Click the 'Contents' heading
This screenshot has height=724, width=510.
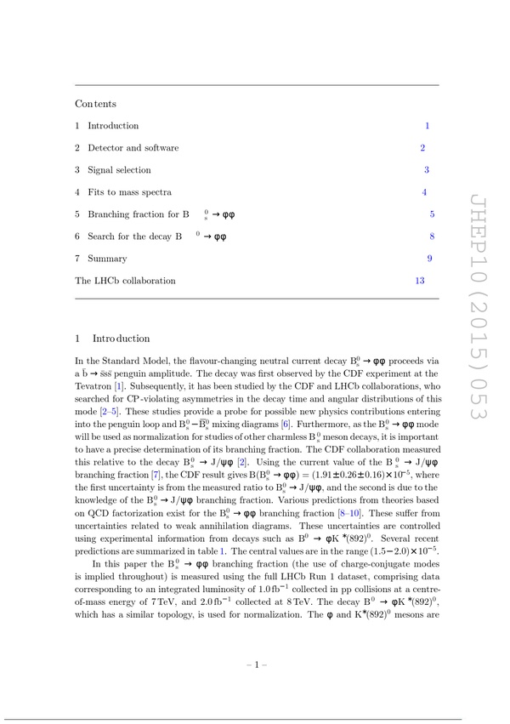coord(95,104)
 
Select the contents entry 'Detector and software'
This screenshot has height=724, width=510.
coord(133,148)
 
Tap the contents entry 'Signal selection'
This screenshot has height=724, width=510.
coord(119,170)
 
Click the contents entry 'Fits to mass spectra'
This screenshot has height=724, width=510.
coord(129,192)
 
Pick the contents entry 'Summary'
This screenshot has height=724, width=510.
coord(107,259)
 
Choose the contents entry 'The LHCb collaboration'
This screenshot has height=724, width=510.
coord(125,281)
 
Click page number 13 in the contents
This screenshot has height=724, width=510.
coord(420,281)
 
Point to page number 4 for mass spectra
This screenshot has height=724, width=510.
coord(424,192)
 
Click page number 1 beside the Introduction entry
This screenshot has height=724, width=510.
coord(428,126)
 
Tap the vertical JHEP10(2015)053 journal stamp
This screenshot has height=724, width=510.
coord(471,306)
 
